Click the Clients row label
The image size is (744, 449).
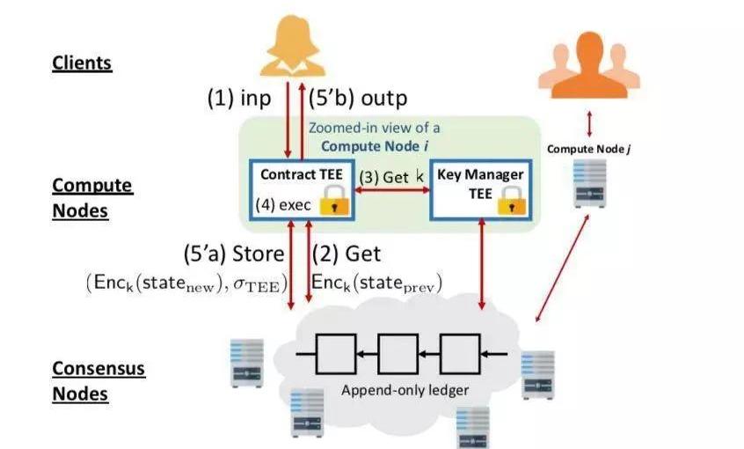[82, 63]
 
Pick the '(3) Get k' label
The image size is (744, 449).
[390, 177]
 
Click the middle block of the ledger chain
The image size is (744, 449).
[398, 353]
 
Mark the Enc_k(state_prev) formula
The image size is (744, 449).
[376, 283]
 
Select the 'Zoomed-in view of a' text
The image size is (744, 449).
[375, 128]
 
